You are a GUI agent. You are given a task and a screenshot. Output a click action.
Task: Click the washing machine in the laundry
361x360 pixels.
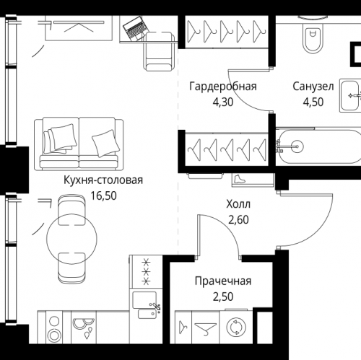(235, 326)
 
